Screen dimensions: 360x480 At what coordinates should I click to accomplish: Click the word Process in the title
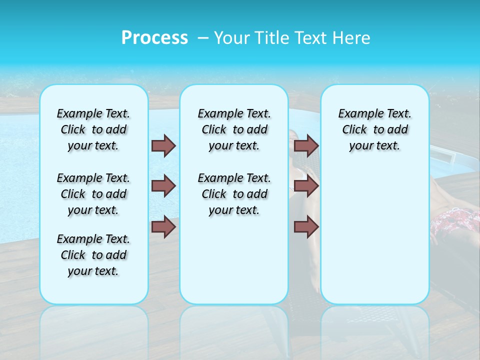[x=154, y=38]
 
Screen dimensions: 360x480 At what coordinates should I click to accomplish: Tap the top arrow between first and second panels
[x=163, y=145]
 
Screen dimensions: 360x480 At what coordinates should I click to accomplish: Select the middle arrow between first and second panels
[x=163, y=186]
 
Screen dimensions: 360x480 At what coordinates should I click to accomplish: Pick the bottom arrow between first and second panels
[x=163, y=227]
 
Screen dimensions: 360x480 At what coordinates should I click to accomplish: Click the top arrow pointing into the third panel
[x=306, y=145]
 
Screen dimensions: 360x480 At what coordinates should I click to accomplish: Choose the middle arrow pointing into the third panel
[x=306, y=186]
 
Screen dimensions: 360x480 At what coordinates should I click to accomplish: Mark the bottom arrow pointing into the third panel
[x=306, y=227]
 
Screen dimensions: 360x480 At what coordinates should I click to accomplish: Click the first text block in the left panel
[x=93, y=129]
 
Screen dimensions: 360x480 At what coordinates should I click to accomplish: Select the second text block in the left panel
[x=93, y=194]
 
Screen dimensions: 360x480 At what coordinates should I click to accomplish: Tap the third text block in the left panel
[x=93, y=255]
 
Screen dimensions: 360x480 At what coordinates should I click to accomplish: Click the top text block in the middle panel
[x=234, y=129]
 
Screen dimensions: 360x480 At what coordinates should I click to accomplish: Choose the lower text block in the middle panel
[x=234, y=194]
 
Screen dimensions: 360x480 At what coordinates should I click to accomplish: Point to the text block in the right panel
[x=374, y=129]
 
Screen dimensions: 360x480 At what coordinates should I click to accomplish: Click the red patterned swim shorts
[x=455, y=225]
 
